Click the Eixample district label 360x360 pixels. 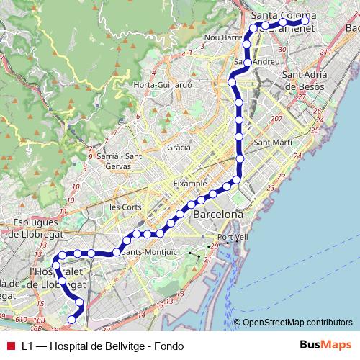[190, 184]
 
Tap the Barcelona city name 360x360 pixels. [218, 215]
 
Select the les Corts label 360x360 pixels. [124, 206]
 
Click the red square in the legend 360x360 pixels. [9, 346]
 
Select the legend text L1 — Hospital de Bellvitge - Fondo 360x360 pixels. [102, 346]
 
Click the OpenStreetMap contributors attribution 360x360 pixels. [297, 323]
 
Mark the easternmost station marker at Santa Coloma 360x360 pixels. [305, 22]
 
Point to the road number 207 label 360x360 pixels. [276, 118]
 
